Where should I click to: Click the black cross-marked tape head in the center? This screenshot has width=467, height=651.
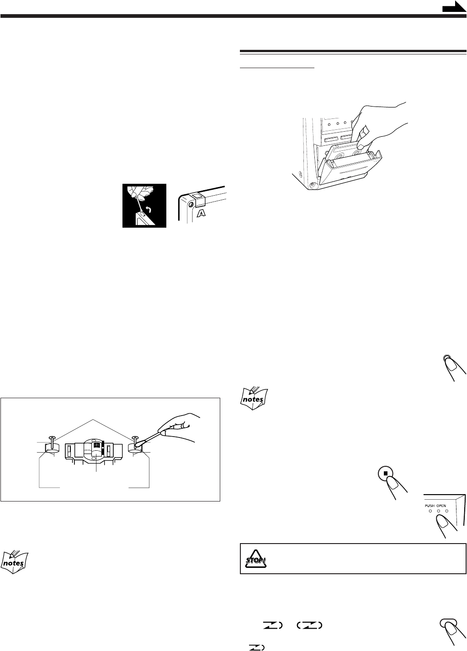click(x=97, y=445)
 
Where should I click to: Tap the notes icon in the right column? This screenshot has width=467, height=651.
click(x=254, y=399)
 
